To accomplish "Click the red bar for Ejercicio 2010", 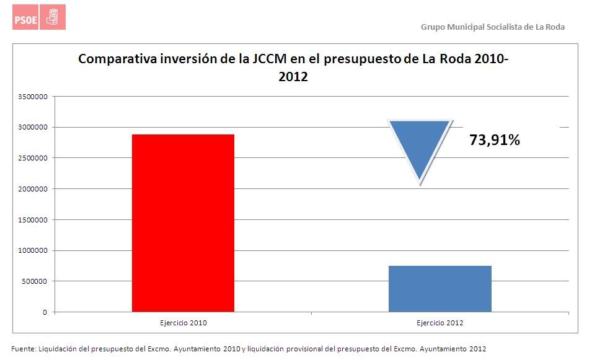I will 183,223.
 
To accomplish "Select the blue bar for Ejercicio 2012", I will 440,289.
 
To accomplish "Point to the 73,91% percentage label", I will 494,141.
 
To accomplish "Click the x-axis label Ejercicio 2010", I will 183,323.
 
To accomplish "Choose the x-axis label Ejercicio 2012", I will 440,323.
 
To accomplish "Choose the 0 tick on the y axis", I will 45,312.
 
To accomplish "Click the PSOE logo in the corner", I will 39,17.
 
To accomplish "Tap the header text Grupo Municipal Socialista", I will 492,27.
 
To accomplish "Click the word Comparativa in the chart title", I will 117,60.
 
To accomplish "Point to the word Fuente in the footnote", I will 23,348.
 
